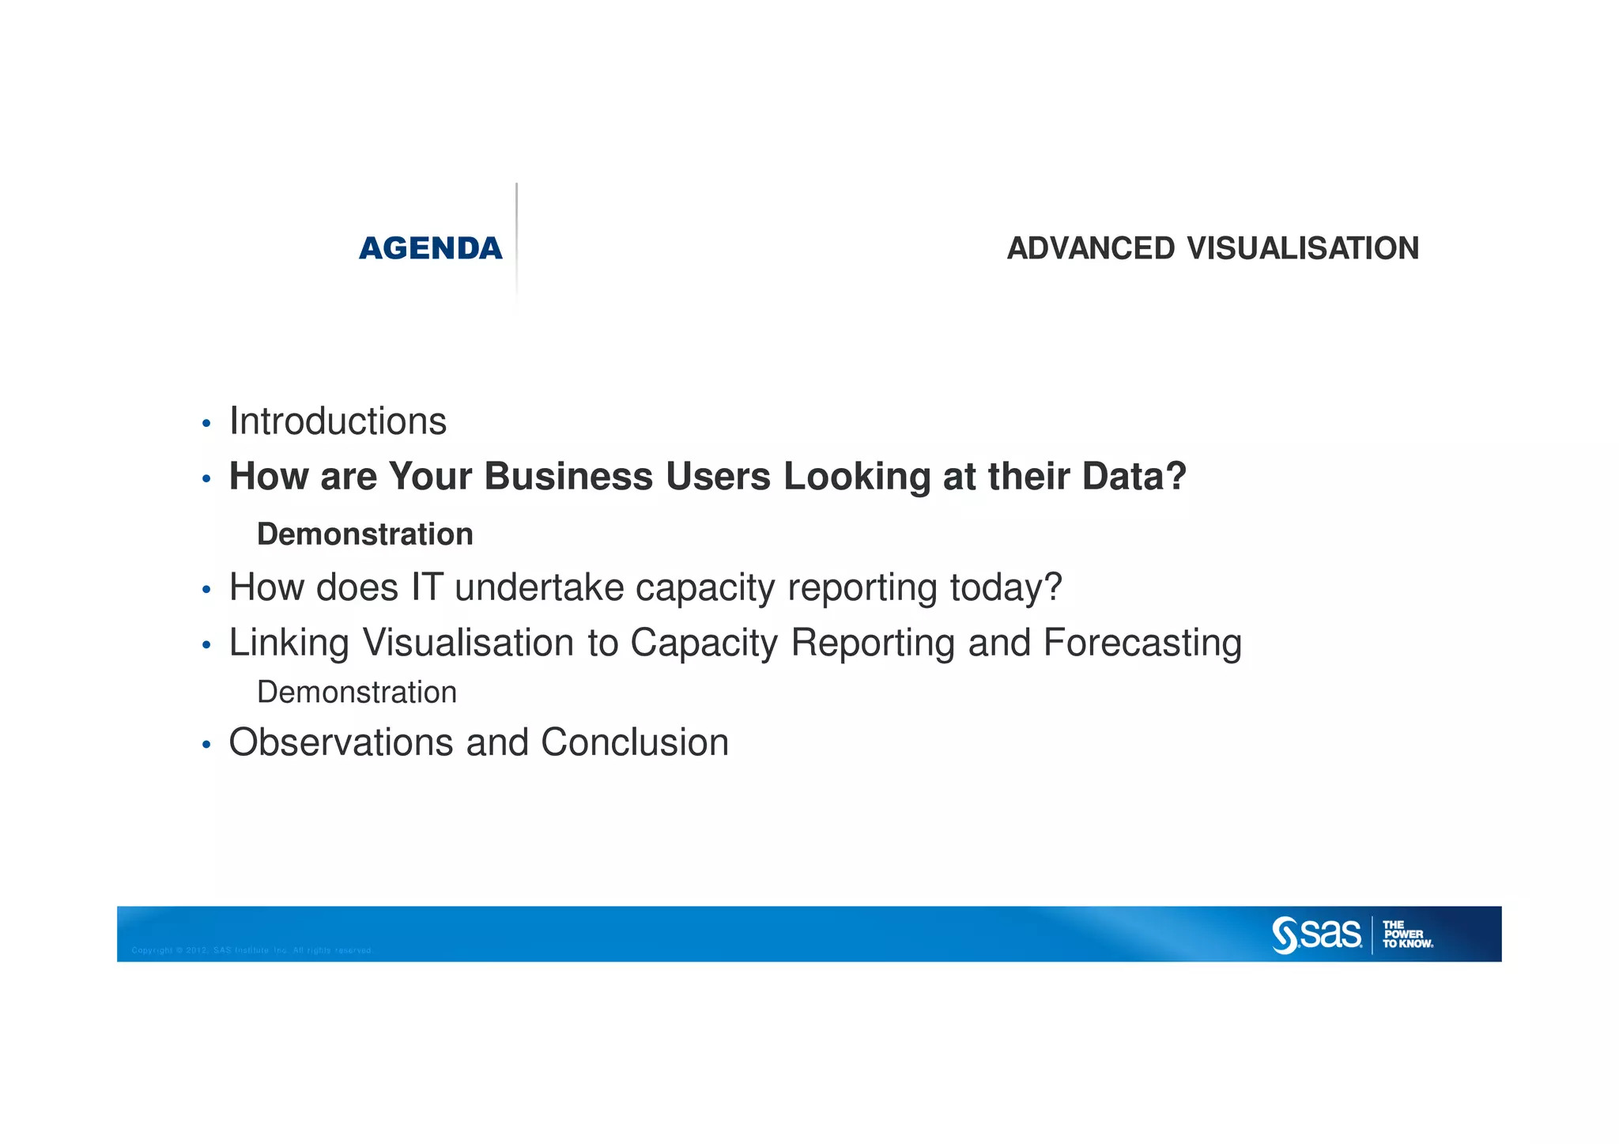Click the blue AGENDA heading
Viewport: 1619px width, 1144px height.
pyautogui.click(x=430, y=249)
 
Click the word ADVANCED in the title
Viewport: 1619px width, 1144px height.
pyautogui.click(x=1091, y=249)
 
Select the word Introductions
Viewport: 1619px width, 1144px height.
pyautogui.click(x=338, y=421)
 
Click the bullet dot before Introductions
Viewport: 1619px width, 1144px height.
pyautogui.click(x=206, y=425)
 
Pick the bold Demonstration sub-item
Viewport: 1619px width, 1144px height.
pyautogui.click(x=364, y=534)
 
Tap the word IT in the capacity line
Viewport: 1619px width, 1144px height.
pyautogui.click(x=426, y=587)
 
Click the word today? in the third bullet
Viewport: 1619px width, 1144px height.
pyautogui.click(x=1006, y=587)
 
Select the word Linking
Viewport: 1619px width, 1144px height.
pyautogui.click(x=289, y=643)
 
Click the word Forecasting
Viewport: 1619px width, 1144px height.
pyautogui.click(x=1142, y=643)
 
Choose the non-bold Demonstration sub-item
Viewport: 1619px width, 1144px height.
pyautogui.click(x=357, y=693)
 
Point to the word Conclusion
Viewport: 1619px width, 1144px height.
pyautogui.click(x=635, y=743)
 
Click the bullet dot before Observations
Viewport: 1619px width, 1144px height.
pyautogui.click(x=206, y=746)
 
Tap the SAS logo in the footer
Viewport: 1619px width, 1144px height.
pyautogui.click(x=1316, y=934)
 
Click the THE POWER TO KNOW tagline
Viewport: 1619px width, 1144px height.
pyautogui.click(x=1407, y=934)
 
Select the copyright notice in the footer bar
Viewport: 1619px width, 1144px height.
pyautogui.click(x=251, y=950)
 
